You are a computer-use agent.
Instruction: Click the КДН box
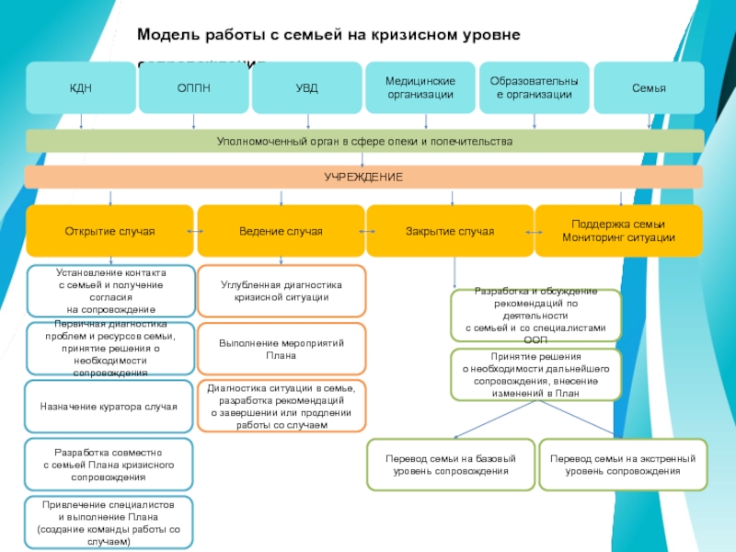tap(81, 88)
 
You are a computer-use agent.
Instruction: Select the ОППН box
tap(194, 88)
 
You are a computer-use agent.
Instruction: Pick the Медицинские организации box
tap(420, 88)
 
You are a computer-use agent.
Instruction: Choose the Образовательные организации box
tap(535, 88)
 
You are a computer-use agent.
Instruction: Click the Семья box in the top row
tap(649, 88)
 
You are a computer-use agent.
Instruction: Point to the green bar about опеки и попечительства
tap(364, 141)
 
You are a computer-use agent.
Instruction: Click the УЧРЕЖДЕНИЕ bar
tap(364, 177)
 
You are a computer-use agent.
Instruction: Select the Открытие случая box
tap(109, 231)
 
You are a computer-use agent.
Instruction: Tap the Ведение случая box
tap(281, 231)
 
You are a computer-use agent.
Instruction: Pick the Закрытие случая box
tap(450, 231)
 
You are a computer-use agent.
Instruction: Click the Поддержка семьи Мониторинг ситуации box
tap(618, 231)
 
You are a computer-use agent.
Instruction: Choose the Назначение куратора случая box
tap(109, 406)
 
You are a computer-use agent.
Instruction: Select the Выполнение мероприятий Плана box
tap(281, 349)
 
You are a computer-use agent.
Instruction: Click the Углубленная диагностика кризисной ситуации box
tap(281, 292)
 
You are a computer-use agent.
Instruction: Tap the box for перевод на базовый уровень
tap(450, 465)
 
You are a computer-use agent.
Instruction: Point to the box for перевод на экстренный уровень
tap(623, 465)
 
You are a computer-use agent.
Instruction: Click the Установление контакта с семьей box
tap(110, 291)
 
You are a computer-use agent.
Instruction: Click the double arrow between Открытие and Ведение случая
tap(195, 231)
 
